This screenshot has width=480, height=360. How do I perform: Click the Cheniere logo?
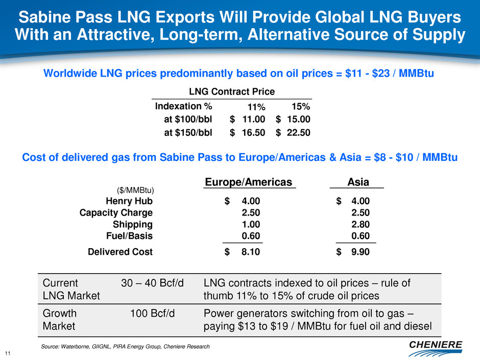pyautogui.click(x=436, y=347)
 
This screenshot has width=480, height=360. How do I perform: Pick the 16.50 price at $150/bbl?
pyautogui.click(x=254, y=132)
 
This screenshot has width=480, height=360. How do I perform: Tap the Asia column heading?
pyautogui.click(x=358, y=182)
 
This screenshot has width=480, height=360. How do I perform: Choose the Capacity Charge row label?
pyautogui.click(x=116, y=212)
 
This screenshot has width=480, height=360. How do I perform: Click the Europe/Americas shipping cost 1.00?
pyautogui.click(x=250, y=224)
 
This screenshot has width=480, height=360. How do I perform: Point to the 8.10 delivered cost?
pyautogui.click(x=250, y=251)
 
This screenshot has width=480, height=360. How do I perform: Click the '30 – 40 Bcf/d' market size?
pyautogui.click(x=152, y=283)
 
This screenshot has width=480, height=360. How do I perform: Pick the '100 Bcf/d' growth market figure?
pyautogui.click(x=152, y=313)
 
